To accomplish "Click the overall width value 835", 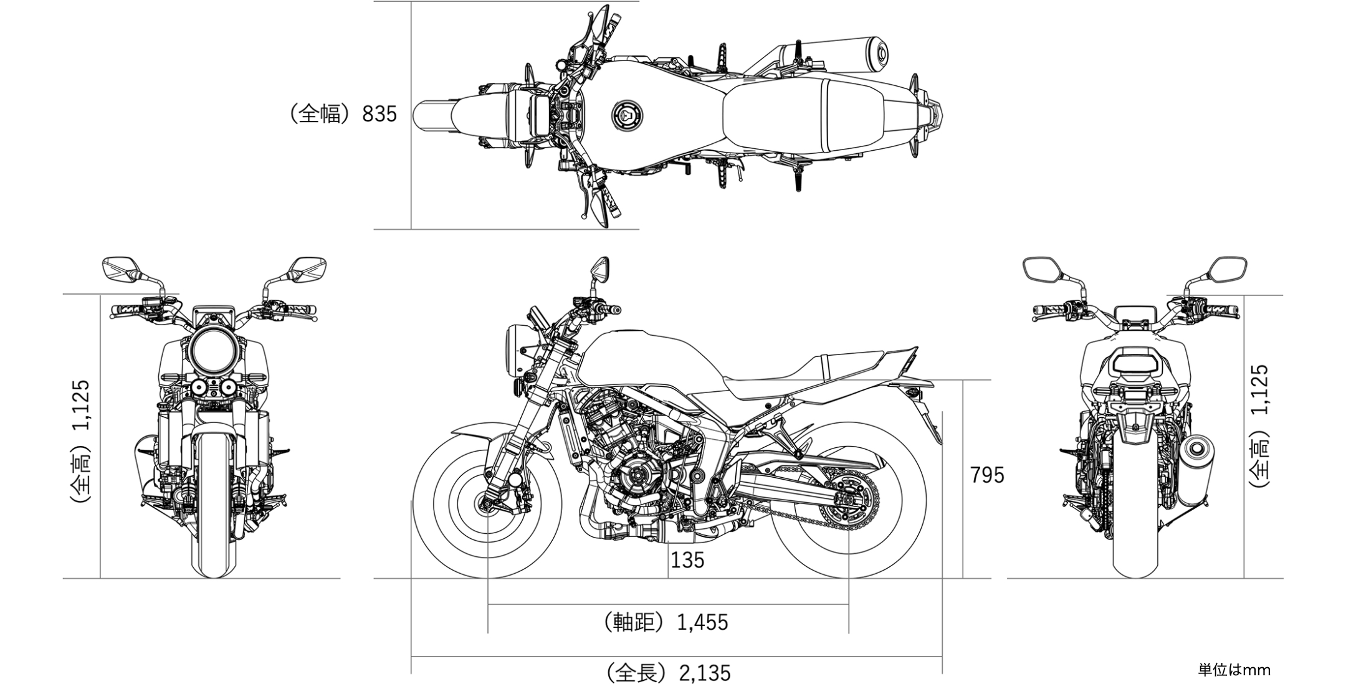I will pos(379,114).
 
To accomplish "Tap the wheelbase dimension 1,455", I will pos(702,622).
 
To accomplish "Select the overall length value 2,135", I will pos(705,673).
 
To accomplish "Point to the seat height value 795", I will pos(987,475).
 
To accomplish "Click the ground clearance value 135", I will pos(687,560).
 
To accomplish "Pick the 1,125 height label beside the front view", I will pos(82,406).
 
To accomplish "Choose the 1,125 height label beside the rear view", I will pos(1259,389).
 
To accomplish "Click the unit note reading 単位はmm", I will pos(1234,670).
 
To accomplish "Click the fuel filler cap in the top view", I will pos(626,115).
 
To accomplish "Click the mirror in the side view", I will pos(599,268).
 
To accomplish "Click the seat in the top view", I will pos(804,115).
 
